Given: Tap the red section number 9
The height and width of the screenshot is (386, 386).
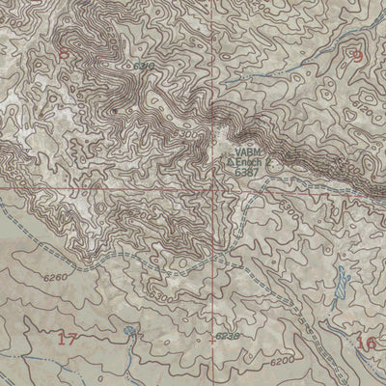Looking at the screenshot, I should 358,56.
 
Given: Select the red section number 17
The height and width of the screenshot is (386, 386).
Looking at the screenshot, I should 66,339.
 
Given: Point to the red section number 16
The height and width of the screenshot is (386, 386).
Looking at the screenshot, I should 366,343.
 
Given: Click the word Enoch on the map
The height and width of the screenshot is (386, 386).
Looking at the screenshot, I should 249,163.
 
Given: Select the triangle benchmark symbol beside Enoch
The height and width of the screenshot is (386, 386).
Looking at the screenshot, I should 232,163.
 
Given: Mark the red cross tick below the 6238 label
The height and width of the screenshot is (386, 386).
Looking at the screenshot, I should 212,341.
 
